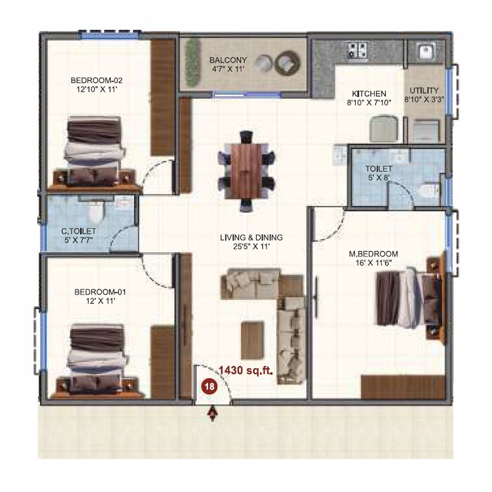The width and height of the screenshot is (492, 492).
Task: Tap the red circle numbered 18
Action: pyautogui.click(x=209, y=385)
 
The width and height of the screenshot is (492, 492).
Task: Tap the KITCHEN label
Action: pyautogui.click(x=368, y=93)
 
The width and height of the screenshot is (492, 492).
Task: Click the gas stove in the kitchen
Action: pyautogui.click(x=356, y=50)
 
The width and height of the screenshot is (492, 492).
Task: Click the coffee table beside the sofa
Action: pyautogui.click(x=252, y=340)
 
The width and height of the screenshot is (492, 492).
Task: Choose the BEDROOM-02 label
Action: pyautogui.click(x=96, y=80)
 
